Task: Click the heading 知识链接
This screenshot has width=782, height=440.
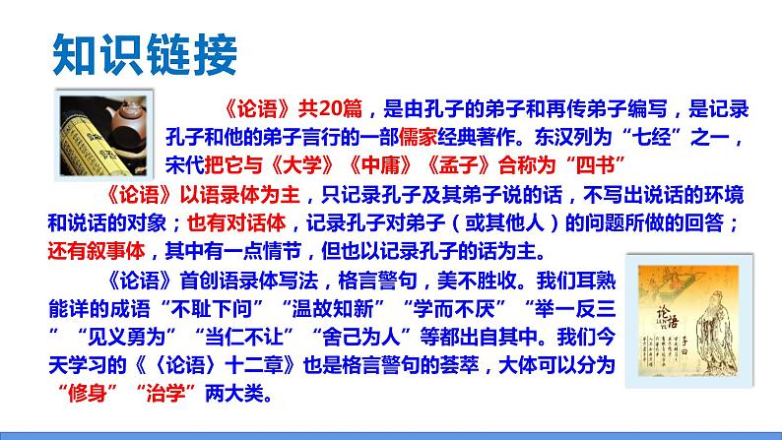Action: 143,53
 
